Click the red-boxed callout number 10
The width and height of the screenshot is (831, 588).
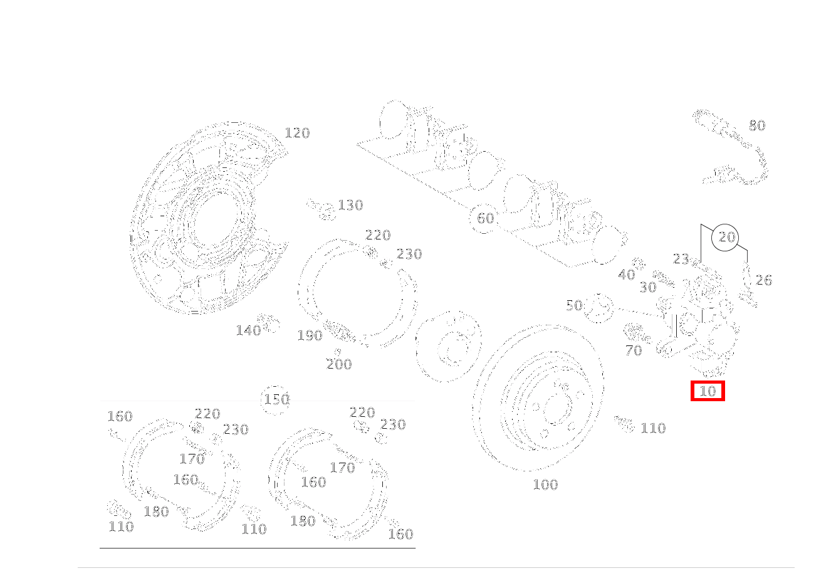point(707,391)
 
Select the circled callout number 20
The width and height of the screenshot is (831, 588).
point(726,237)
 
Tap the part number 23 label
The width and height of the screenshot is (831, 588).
point(681,258)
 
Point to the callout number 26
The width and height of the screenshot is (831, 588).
point(763,280)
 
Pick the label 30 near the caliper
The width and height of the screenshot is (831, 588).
point(647,287)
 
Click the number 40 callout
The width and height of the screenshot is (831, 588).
point(626,275)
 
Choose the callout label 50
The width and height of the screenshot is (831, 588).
point(574,305)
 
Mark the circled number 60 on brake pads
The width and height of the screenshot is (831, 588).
point(485,218)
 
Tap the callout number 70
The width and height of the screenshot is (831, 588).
point(634,350)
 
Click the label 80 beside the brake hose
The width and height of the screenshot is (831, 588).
point(757,125)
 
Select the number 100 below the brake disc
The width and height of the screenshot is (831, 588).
point(545,485)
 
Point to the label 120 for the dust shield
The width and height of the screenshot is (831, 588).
point(297,133)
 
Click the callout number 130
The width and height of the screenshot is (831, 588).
point(350,205)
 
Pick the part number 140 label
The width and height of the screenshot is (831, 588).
point(248,330)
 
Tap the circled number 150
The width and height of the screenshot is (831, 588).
point(276,399)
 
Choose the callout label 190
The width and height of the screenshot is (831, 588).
point(310,335)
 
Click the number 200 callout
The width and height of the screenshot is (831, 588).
point(338,364)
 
